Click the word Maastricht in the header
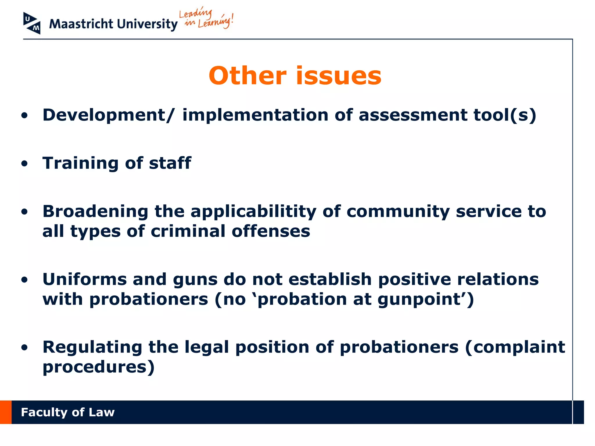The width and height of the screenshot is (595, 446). (81, 24)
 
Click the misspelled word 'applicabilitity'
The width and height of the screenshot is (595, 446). (253, 211)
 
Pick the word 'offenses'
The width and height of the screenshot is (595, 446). (271, 231)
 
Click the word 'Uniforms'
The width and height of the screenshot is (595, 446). (85, 279)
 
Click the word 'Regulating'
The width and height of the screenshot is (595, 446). (92, 347)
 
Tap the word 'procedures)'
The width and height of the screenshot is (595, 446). (98, 367)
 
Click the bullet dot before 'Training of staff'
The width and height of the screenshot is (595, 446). (25, 164)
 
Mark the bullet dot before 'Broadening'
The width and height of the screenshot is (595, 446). (25, 212)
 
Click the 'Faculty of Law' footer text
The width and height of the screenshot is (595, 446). (68, 412)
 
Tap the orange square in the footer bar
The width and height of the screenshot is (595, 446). (6, 412)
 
